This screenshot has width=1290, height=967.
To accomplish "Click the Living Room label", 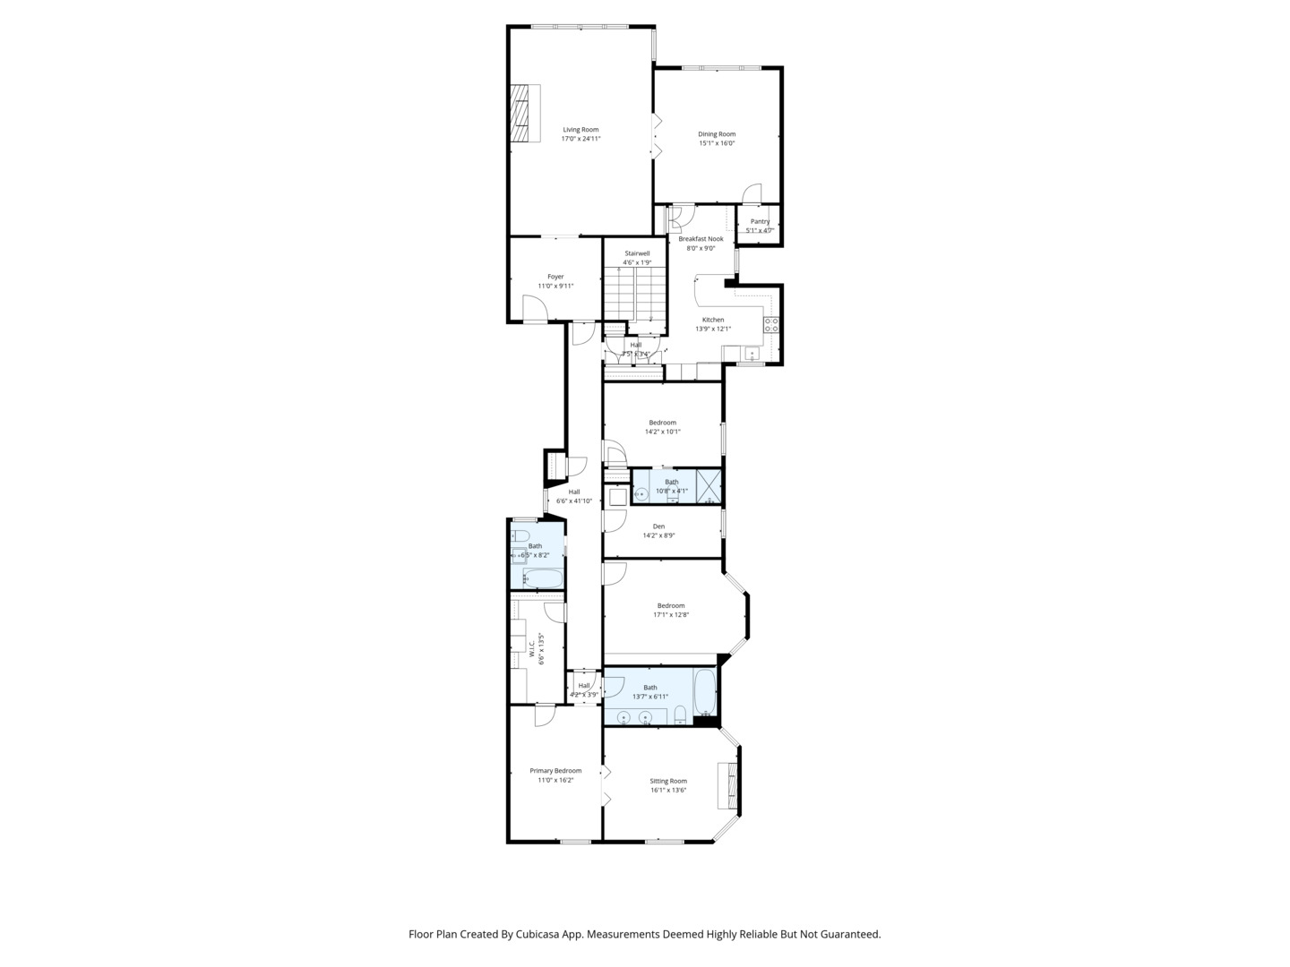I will pyautogui.click(x=580, y=130).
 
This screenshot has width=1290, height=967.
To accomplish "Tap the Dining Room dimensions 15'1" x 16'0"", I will pyautogui.click(x=717, y=143).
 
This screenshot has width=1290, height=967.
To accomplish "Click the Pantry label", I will pyautogui.click(x=760, y=221).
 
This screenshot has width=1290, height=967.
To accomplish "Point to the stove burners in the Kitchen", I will pyautogui.click(x=770, y=325).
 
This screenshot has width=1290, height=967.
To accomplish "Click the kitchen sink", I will pyautogui.click(x=751, y=354).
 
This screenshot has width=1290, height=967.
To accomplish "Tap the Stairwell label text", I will pyautogui.click(x=637, y=253).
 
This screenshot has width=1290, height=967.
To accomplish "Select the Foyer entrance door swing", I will pyautogui.click(x=535, y=310).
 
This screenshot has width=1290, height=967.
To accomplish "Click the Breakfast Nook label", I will pyautogui.click(x=701, y=239).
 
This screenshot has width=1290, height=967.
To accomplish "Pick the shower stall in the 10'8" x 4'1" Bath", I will pyautogui.click(x=709, y=486).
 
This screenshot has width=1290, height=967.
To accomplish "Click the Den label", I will pyautogui.click(x=658, y=526).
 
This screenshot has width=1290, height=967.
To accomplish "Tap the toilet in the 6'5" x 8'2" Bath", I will pyautogui.click(x=520, y=536).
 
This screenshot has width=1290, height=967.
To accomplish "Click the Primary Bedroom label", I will pyautogui.click(x=555, y=771).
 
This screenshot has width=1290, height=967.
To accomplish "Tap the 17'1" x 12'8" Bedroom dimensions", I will pyautogui.click(x=671, y=615).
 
